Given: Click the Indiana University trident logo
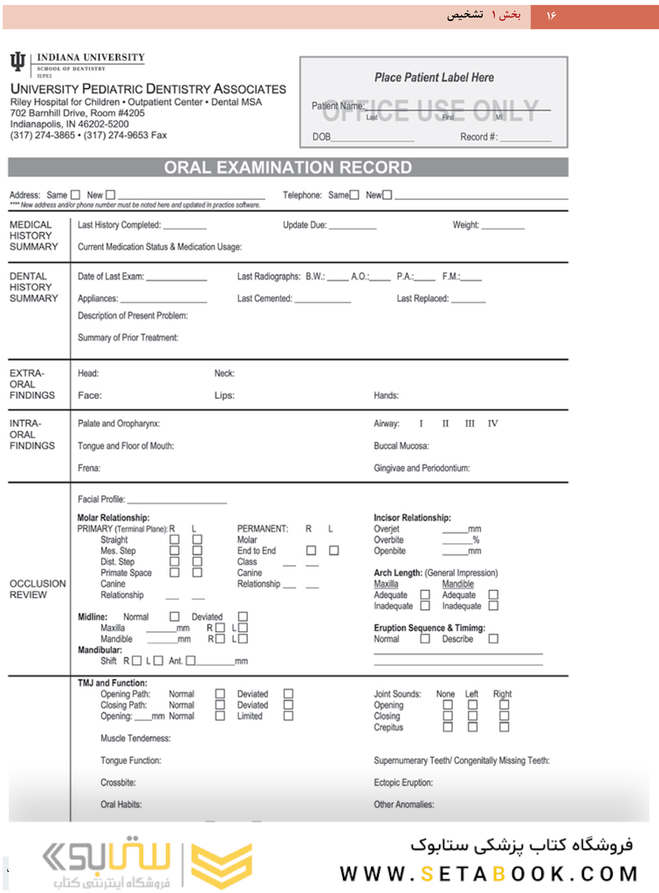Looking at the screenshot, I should point(17,61).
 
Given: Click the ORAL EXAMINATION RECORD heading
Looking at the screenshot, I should point(288,168).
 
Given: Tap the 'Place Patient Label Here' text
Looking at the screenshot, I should point(434,78).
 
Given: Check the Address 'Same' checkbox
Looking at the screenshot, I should point(75,195).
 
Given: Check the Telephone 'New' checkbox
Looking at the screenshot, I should point(388,195).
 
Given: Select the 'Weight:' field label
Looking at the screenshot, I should point(466,225).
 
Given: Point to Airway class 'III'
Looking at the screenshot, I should point(470,423).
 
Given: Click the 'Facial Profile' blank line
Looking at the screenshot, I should point(177,501).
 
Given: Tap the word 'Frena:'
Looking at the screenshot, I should point(89,468).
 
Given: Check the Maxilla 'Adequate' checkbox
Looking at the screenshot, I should point(425,594).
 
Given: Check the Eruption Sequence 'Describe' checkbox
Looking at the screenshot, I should point(494,639).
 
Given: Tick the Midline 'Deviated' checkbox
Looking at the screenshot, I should point(244,616).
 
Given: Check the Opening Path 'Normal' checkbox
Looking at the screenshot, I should point(220,694).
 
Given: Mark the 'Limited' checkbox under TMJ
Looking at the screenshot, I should point(288,716).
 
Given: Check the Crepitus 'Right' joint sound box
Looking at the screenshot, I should point(504,727).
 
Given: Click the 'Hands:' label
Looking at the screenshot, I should point(387,395).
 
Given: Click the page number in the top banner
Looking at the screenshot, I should point(551,16).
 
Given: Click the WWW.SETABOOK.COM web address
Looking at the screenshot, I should point(489,873).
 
